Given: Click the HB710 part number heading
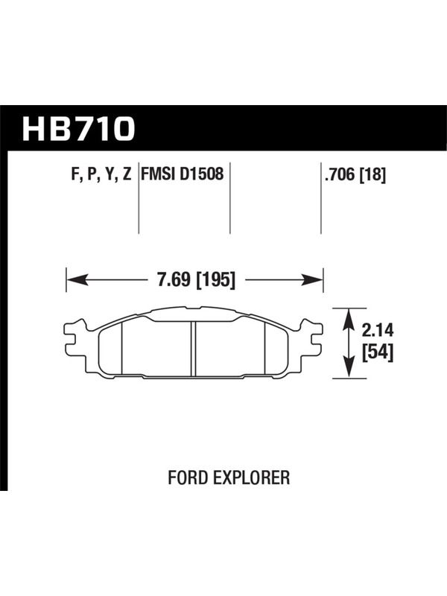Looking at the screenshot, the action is click(79, 129).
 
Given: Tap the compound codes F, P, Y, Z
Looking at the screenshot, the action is click(101, 174).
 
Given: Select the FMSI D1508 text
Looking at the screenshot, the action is click(183, 174).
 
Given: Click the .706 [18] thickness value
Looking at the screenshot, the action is click(355, 175).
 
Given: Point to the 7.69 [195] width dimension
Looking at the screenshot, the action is click(196, 280).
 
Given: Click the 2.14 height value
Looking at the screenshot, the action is click(378, 330).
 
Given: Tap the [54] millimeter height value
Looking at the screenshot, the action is click(378, 353).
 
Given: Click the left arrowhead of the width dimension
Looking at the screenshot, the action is click(76, 281).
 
